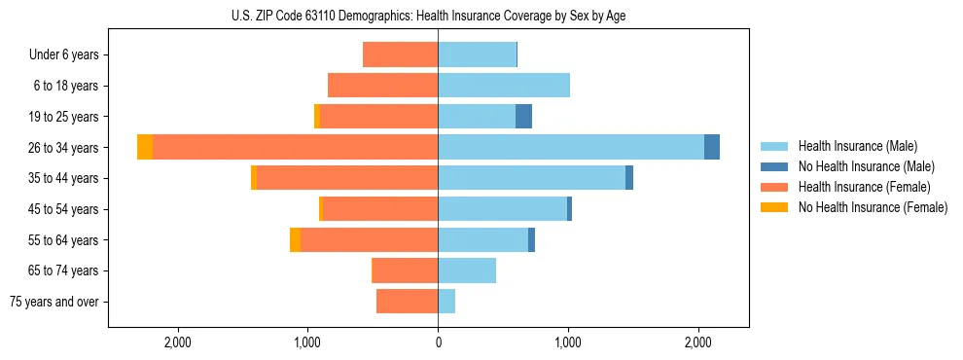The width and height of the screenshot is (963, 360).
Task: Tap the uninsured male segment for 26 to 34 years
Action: pyautogui.click(x=712, y=147)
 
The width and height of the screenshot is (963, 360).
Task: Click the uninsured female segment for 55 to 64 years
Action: pyautogui.click(x=295, y=240)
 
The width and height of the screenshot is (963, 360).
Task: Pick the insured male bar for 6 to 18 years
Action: pyautogui.click(x=504, y=86)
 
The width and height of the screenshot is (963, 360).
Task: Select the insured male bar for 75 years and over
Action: pyautogui.click(x=446, y=302)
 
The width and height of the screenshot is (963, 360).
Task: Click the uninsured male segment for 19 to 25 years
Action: pyautogui.click(x=523, y=117)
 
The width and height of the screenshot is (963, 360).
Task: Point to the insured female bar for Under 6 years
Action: pyautogui.click(x=400, y=54)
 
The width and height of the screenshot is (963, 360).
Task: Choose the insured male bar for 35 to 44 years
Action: pyautogui.click(x=531, y=178)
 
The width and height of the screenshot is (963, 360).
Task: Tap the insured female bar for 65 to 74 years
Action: pyautogui.click(x=406, y=270)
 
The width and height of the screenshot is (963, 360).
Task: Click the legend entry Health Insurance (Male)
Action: pyautogui.click(x=857, y=146)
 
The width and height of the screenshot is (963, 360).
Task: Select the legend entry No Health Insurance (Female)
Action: pyautogui.click(x=873, y=207)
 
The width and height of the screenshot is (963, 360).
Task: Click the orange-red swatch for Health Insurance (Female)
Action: pyautogui.click(x=775, y=187)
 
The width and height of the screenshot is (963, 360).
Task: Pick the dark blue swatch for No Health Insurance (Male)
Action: pyautogui.click(x=775, y=166)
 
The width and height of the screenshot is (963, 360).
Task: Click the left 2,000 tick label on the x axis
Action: pyautogui.click(x=177, y=342)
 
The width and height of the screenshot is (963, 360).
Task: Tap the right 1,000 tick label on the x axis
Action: pyautogui.click(x=568, y=342)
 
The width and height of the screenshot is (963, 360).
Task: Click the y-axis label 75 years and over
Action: pyautogui.click(x=53, y=302)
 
